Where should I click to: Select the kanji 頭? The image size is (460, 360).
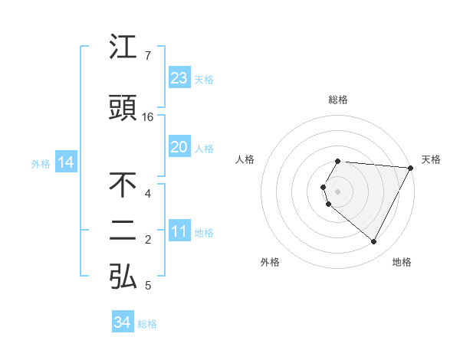click(x=123, y=108)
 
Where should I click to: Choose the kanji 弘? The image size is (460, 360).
click(x=123, y=277)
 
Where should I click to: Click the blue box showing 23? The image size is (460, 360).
click(x=179, y=77)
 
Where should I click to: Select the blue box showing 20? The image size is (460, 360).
click(x=179, y=146)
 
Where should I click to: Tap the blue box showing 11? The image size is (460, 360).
click(x=179, y=231)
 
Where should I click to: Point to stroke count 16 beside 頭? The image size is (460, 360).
click(x=148, y=117)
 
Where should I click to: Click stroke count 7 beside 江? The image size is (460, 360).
click(x=148, y=56)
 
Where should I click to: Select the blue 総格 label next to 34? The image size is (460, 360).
click(x=147, y=324)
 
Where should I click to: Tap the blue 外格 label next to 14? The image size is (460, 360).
click(x=41, y=163)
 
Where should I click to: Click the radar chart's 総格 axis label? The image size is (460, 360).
click(x=338, y=100)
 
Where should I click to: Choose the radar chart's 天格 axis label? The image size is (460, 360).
click(x=432, y=159)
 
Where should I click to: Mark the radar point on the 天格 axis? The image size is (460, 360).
click(x=411, y=167)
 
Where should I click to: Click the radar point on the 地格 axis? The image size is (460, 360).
click(x=374, y=241)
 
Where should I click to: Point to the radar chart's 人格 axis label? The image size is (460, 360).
click(x=245, y=159)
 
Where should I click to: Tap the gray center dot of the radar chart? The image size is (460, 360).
click(x=338, y=191)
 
